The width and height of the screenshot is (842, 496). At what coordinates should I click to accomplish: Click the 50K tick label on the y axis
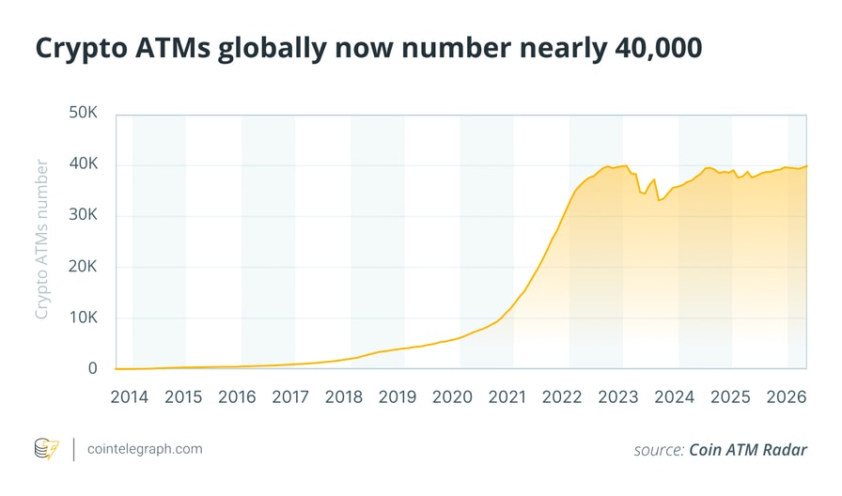82,114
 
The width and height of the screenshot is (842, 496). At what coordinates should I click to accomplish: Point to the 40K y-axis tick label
82,164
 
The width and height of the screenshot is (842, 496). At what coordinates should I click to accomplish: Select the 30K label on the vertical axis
82,215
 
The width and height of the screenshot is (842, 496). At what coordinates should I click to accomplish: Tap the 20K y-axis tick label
82,267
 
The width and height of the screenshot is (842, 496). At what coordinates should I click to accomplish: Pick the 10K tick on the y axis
82,318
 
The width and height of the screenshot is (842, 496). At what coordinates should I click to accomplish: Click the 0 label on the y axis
92,368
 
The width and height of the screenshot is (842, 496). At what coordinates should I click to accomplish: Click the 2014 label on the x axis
129,396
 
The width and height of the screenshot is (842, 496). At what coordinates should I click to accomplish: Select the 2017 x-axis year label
291,396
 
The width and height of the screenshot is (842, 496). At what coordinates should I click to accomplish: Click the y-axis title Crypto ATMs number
41,240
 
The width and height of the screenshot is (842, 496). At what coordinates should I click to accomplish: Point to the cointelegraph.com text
144,449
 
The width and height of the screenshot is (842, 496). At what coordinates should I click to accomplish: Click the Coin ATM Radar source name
748,450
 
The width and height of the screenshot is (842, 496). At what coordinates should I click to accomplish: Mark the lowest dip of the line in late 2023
659,200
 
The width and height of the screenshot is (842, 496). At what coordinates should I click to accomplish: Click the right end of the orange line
807,165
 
